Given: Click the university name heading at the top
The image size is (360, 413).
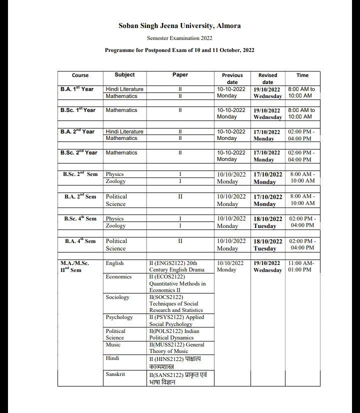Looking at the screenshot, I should tap(179, 25).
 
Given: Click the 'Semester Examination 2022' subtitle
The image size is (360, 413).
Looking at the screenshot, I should tap(179, 38).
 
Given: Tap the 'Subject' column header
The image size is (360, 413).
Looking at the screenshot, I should tap(124, 74).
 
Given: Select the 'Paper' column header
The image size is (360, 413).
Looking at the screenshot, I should tap(180, 74).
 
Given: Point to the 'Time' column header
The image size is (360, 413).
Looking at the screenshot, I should tap(302, 75).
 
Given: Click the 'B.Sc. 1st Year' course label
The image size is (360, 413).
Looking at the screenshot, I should tap(77, 110).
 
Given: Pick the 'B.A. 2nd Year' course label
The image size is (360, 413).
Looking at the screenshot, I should tap(77, 131).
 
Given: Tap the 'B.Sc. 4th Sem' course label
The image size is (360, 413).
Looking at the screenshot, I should tap(80, 218).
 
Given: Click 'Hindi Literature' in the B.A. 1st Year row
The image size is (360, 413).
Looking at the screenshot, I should tap(124, 89).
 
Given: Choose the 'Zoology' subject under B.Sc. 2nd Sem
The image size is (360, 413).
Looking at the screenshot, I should tap(115, 181).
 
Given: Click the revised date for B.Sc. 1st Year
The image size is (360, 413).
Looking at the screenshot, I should tap(267, 113).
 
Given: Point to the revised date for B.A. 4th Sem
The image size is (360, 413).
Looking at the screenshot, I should tap(267, 244).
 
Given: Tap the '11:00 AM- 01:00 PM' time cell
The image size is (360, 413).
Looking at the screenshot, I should tap(301, 266).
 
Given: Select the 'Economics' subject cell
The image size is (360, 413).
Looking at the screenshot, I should tap(118, 276).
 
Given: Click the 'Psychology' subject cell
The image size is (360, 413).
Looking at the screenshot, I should tap(119, 317).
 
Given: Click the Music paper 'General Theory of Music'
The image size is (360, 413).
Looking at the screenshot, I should tap(177, 347).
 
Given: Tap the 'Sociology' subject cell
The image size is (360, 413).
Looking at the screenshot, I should tap(117, 297).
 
